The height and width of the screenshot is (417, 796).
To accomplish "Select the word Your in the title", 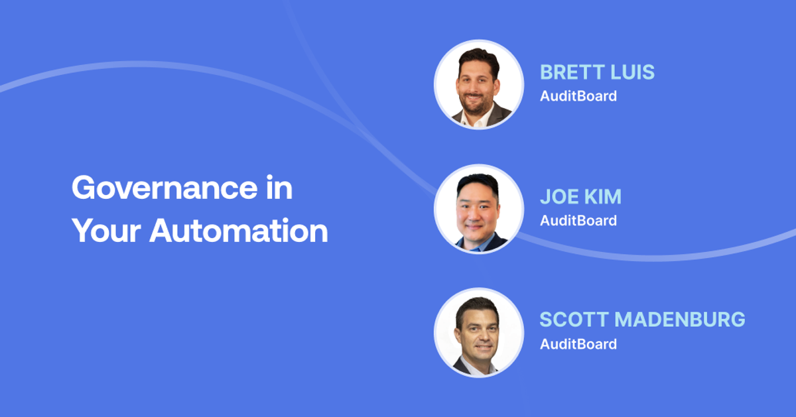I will tap(105, 231).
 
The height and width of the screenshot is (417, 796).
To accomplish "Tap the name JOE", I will tap(558, 197).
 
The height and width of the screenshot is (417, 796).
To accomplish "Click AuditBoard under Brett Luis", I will tap(578, 96).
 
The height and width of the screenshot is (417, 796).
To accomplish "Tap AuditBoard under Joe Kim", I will tap(578, 220).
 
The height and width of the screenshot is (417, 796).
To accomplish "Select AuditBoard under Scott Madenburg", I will tap(578, 344).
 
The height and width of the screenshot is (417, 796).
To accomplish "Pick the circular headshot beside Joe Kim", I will tap(479, 209).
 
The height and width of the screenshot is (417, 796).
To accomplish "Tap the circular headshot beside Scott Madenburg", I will tap(479, 333).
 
